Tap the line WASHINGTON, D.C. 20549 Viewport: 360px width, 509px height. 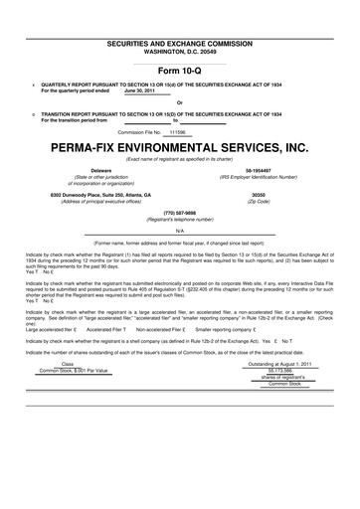pos(179,27)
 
